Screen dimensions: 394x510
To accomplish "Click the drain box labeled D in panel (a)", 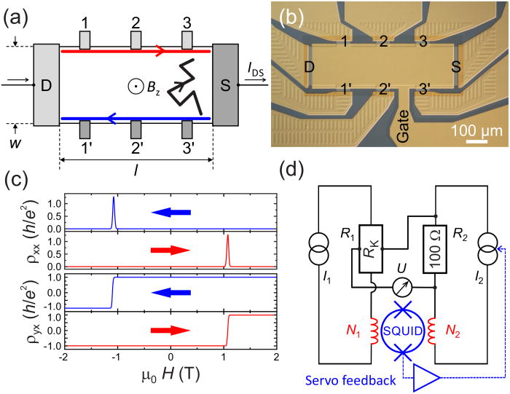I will pyautogui.click(x=46, y=84).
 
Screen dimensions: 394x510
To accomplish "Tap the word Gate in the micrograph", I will pyautogui.click(x=406, y=136).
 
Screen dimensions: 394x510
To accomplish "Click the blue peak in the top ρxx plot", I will pyautogui.click(x=114, y=211).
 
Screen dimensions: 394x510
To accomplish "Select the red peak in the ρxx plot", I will pyautogui.click(x=228, y=249).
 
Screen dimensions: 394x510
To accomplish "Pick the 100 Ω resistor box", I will pyautogui.click(x=436, y=248).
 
